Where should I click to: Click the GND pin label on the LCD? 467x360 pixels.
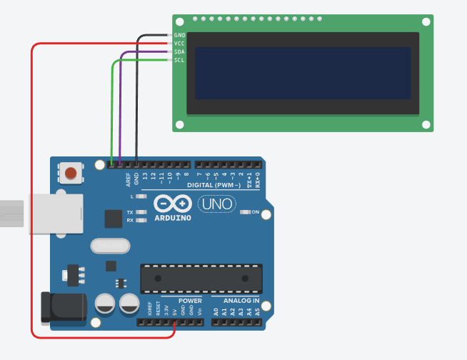pos(179,35)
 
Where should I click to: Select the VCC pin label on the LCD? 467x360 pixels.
pos(179,44)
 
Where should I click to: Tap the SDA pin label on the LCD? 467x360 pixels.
pos(179,52)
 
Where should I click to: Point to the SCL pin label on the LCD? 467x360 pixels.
pos(179,60)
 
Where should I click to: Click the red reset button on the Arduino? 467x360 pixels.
pos(71,173)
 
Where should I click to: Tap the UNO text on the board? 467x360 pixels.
pos(216,204)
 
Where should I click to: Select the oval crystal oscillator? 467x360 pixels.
pos(111,246)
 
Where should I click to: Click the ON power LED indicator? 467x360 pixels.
pos(246,212)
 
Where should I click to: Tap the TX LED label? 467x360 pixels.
pos(130,213)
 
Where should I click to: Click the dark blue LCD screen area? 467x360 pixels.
pos(303,74)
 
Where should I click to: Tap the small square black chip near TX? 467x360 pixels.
pos(113,219)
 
